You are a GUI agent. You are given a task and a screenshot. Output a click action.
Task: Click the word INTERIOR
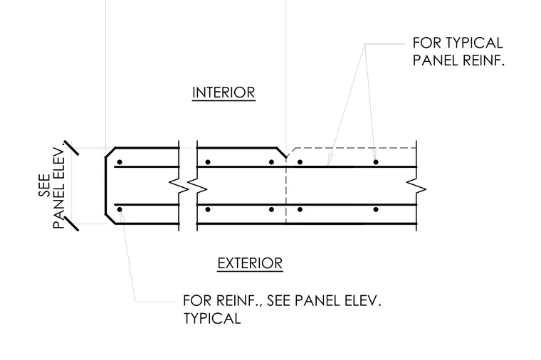point(224,92)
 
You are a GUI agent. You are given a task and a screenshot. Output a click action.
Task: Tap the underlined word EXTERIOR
point(250,263)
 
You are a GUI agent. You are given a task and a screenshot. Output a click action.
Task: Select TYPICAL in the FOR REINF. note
point(212,318)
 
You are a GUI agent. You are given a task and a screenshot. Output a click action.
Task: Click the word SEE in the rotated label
point(44,186)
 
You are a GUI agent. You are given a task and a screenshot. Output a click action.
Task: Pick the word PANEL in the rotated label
point(58,210)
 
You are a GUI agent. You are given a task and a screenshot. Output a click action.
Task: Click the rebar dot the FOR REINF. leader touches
point(120,209)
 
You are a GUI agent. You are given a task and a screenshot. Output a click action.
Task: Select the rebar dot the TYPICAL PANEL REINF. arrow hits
point(376,162)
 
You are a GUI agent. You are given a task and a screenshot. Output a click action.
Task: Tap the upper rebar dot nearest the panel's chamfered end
point(120,162)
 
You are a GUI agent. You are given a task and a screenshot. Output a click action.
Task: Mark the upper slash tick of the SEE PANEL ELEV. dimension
point(71,148)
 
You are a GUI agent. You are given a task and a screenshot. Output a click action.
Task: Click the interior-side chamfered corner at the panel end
point(110,152)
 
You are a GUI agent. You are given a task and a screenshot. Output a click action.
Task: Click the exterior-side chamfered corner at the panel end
point(110,219)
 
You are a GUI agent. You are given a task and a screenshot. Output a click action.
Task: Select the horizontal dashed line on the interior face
point(355,148)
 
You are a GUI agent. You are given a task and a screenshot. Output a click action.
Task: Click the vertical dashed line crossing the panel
point(286,191)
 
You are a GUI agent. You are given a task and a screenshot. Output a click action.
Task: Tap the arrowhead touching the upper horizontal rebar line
point(330,162)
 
